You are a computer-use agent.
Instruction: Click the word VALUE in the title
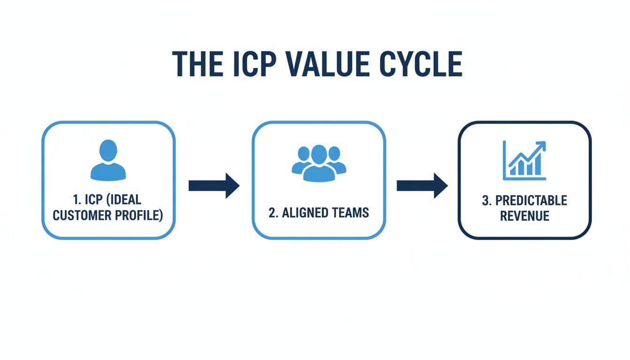[x=319, y=64]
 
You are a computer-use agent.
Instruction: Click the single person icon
[x=108, y=160]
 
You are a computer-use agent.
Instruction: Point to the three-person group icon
[x=319, y=163]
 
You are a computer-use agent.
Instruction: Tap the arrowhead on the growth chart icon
[x=542, y=144]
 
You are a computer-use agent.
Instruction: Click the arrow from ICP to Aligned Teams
[x=214, y=186]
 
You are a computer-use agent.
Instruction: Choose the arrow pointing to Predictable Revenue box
[x=422, y=186]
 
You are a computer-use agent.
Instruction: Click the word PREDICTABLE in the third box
[x=531, y=201]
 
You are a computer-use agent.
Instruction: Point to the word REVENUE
[x=524, y=216]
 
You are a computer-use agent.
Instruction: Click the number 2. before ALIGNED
[x=273, y=212]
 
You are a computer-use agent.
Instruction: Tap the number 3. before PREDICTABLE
[x=487, y=201]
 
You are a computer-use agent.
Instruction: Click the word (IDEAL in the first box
[x=124, y=200]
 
